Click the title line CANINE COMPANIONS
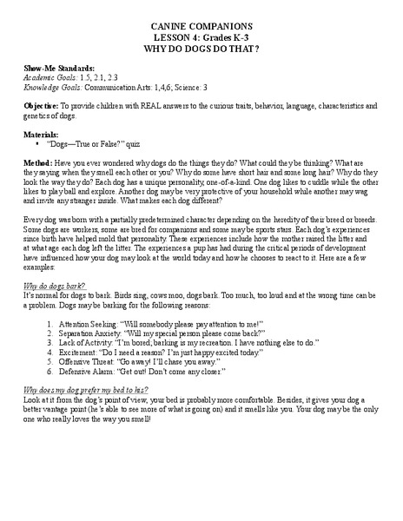201,25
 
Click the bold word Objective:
43,106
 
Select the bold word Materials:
42,135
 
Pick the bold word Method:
39,165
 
